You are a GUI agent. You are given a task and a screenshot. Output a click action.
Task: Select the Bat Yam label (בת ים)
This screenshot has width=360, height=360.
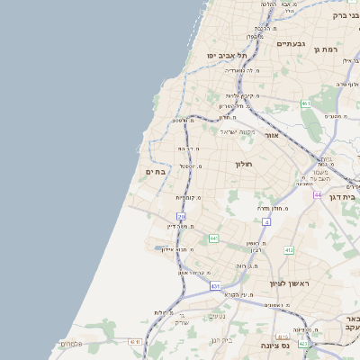coord(155,171)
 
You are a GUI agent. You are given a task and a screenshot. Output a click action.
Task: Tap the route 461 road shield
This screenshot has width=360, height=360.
coord(306,103)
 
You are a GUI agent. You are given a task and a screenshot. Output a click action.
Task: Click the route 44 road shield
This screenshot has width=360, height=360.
coord(318,194)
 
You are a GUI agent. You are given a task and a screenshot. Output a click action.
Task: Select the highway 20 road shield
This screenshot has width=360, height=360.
coord(181,217)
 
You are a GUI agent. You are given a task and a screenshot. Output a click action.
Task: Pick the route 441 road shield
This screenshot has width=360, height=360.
coord(213,238)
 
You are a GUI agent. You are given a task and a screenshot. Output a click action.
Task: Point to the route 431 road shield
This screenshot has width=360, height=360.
coord(215,285)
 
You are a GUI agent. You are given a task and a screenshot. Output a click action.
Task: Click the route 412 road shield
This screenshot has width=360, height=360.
coord(289,249)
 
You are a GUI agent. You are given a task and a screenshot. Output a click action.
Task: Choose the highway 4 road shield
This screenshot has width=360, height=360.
coord(266,220)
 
